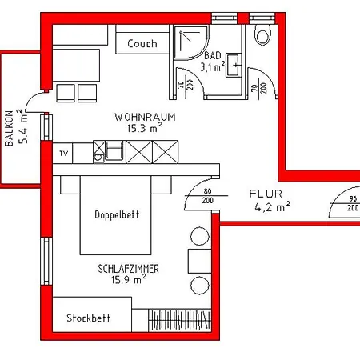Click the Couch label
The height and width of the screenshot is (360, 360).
point(142,43)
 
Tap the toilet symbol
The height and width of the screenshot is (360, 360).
point(263,35)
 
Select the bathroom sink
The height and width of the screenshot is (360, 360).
point(234,65)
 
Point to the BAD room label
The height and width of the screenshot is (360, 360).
point(213,55)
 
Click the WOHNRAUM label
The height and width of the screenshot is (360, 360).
point(145,117)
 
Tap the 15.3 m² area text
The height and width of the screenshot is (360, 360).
point(145,128)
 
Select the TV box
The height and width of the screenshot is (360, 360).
point(62,154)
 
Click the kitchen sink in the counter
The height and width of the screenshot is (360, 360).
point(114,151)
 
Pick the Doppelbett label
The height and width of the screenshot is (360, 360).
point(117,214)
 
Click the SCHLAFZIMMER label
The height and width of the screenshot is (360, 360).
point(128,269)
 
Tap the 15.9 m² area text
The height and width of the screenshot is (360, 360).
point(129,280)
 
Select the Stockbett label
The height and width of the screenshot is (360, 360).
point(88,318)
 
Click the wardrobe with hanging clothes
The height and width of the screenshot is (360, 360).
point(179,320)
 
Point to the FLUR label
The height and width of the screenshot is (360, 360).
point(266,194)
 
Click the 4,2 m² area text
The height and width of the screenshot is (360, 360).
point(272,207)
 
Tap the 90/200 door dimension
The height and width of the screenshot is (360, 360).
point(353,203)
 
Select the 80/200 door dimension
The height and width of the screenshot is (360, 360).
point(208,196)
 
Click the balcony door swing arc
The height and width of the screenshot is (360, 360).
point(30,98)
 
